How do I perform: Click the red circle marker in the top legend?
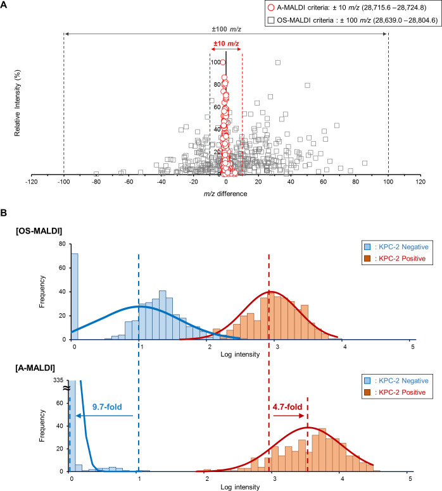tap(271, 8)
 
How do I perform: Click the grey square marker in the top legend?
tap(271, 20)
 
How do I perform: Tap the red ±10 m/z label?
tap(226, 44)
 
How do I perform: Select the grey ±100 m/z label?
tap(226, 29)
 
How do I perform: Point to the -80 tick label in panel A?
tap(96, 182)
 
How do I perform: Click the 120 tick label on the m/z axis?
tap(420, 182)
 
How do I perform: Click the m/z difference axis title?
tap(225, 194)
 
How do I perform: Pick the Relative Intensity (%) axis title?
tap(17, 103)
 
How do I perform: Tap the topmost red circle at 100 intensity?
tap(222, 62)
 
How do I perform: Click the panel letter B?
tap(3, 213)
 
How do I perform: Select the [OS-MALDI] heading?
tap(39, 231)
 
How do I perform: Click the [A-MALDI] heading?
tap(35, 368)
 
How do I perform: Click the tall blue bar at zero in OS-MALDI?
tap(75, 296)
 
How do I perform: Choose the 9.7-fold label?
tap(107, 407)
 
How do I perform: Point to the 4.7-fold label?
tap(287, 407)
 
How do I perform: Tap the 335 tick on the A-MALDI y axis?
tap(58, 380)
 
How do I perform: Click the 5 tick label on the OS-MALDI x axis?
tap(412, 347)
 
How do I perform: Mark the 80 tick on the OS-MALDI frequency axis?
tap(63, 244)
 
